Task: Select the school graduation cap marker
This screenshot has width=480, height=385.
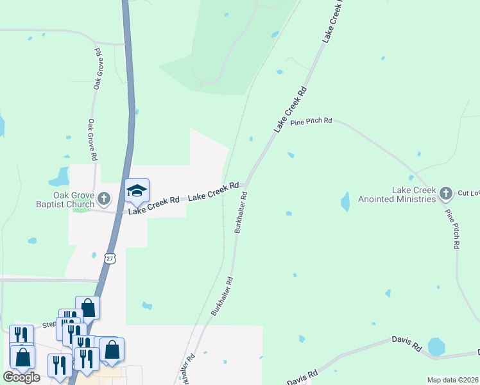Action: coord(137,191)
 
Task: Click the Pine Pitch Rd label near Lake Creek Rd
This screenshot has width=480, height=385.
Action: coord(311,121)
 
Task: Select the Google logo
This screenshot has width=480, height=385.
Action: coord(21,377)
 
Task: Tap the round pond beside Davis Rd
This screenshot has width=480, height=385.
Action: coord(436,346)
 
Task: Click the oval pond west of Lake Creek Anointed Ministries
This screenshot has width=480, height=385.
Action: coord(345,201)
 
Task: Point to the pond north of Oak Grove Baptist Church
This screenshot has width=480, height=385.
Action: coord(62,175)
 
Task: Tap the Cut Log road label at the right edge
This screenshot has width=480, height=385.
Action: coord(468,193)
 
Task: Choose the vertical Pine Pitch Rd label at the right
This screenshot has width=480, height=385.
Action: coord(452,228)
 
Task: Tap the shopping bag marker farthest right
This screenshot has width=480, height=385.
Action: coord(112,349)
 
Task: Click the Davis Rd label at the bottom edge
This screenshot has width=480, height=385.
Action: coord(302,378)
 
